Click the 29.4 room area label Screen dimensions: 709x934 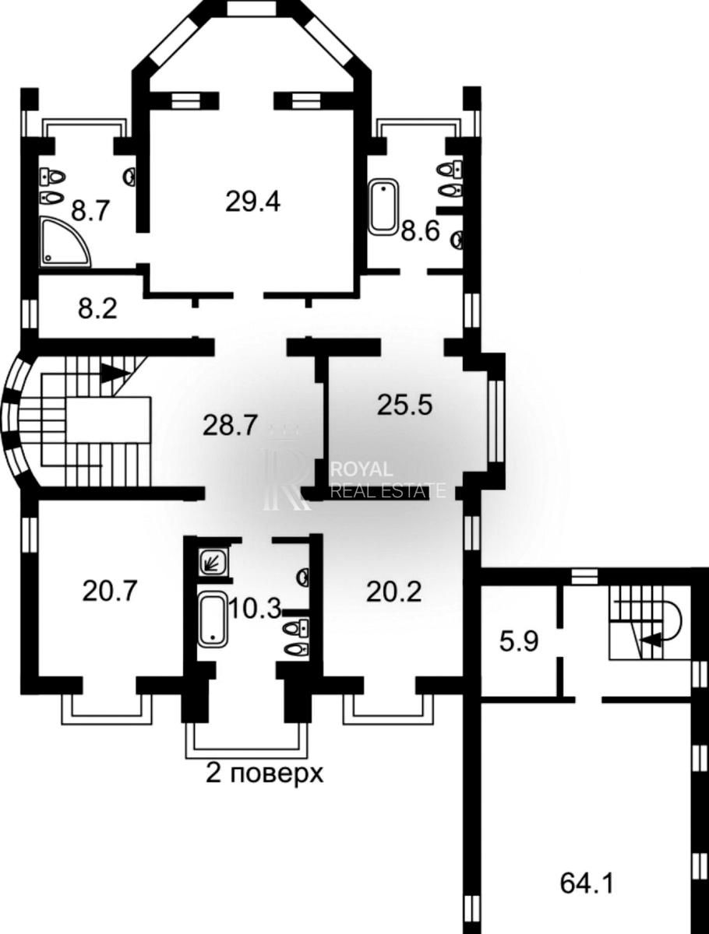pyautogui.click(x=253, y=202)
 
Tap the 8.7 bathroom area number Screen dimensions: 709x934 pyautogui.click(x=90, y=211)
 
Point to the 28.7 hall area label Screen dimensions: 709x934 pyautogui.click(x=231, y=426)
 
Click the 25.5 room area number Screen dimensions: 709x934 pyautogui.click(x=404, y=405)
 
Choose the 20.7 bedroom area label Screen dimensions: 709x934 pyautogui.click(x=110, y=591)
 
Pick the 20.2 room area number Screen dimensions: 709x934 pyautogui.click(x=394, y=592)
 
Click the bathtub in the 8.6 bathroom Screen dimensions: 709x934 pyautogui.click(x=383, y=207)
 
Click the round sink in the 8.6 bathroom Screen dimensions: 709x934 pyautogui.click(x=458, y=240)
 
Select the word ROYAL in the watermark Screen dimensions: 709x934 pyautogui.click(x=362, y=469)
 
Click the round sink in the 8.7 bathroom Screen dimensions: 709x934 pyautogui.click(x=129, y=177)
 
